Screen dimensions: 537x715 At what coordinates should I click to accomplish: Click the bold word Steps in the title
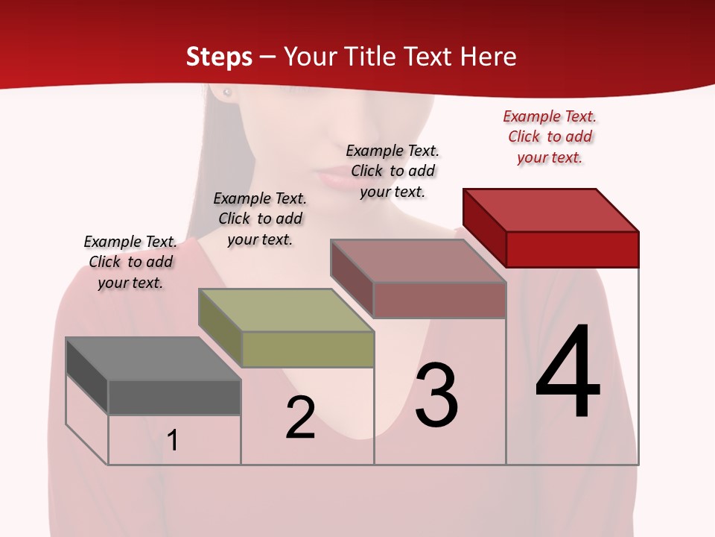click(219, 57)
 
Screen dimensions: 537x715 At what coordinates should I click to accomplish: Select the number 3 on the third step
click(436, 395)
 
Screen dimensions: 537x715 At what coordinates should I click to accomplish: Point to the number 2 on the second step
click(300, 418)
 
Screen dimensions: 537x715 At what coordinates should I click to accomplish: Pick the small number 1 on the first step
click(173, 440)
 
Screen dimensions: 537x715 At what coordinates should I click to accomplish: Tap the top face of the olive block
click(285, 310)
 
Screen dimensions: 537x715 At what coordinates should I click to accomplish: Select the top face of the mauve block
click(419, 261)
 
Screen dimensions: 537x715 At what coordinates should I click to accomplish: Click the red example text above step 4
click(550, 136)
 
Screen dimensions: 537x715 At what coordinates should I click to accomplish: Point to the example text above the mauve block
click(393, 171)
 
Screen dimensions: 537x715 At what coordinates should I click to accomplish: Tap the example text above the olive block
click(260, 219)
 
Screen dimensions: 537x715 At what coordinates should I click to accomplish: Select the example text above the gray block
click(130, 262)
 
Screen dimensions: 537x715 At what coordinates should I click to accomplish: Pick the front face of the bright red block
click(572, 249)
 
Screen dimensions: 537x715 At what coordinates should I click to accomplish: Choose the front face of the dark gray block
click(174, 397)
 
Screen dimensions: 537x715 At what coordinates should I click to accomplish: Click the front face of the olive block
click(308, 349)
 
